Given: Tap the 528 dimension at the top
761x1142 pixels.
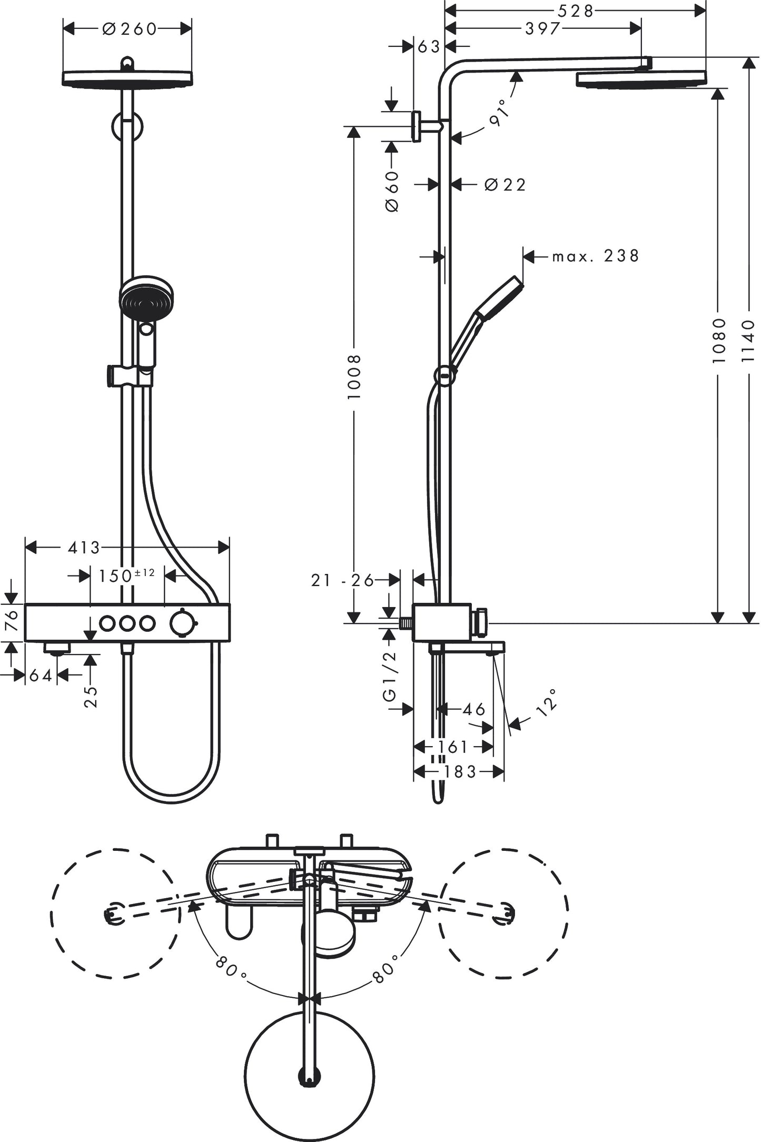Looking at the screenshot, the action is click(x=576, y=11).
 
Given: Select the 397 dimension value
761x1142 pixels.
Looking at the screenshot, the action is click(x=542, y=28).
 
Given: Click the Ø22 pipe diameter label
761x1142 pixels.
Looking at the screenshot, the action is click(x=505, y=184).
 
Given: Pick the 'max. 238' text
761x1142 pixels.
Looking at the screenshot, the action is click(x=595, y=256).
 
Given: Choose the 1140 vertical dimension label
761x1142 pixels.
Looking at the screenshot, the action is click(x=748, y=340).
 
